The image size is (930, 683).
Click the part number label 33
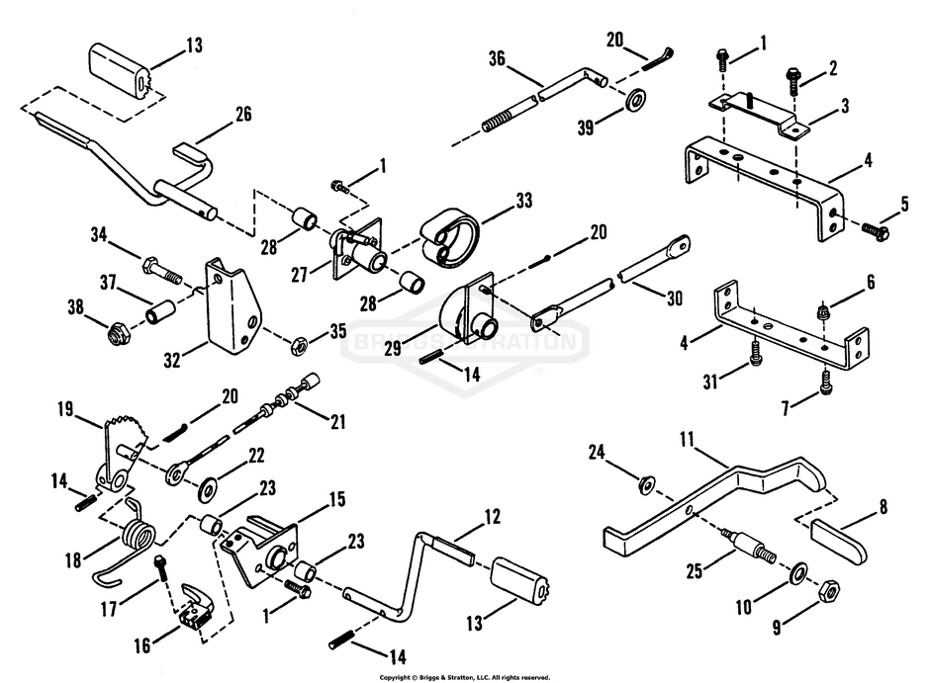click(523, 202)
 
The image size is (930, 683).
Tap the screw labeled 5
click(875, 230)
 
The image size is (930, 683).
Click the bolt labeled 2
click(794, 76)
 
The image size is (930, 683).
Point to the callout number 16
click(143, 645)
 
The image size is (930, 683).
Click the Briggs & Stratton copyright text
click(465, 676)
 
